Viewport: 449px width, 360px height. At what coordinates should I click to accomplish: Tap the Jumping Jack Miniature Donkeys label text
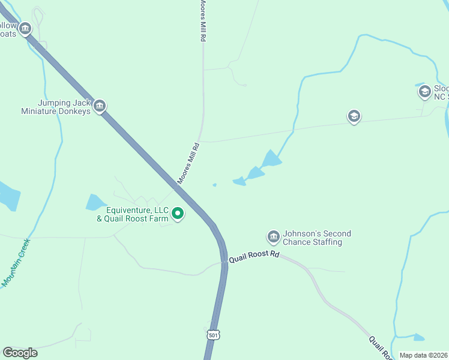(56, 107)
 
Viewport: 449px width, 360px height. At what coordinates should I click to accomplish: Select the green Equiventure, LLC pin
(178, 213)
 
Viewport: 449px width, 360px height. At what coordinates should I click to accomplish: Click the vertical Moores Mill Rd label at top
(203, 21)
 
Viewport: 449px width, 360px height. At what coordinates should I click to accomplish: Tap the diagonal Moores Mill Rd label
(188, 164)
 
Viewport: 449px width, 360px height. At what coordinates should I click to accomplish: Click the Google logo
(20, 353)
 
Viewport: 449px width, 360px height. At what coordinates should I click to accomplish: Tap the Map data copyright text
(423, 355)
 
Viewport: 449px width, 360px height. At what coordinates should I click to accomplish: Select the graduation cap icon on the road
(354, 116)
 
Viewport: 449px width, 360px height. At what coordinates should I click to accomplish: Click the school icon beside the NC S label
(424, 91)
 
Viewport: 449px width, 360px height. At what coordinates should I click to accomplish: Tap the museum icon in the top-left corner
(25, 28)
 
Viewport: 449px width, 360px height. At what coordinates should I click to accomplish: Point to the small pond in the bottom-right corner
(418, 337)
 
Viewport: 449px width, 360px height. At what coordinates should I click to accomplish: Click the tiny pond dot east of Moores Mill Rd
(214, 185)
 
